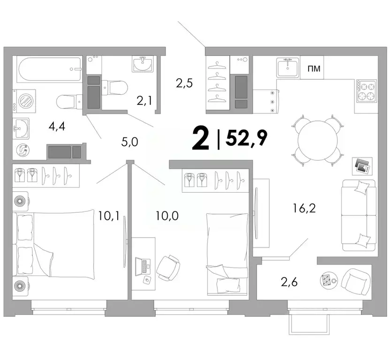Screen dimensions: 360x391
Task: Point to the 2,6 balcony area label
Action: pyautogui.click(x=289, y=282)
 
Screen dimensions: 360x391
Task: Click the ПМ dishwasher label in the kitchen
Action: pyautogui.click(x=314, y=69)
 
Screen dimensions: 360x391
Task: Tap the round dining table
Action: pyautogui.click(x=317, y=140)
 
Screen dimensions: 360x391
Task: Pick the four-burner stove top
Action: pyautogui.click(x=367, y=91)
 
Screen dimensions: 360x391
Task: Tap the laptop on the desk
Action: pyautogui.click(x=142, y=266)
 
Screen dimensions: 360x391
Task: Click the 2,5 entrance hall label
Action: pyautogui.click(x=184, y=84)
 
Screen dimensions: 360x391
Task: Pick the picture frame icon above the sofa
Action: pyautogui.click(x=362, y=165)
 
